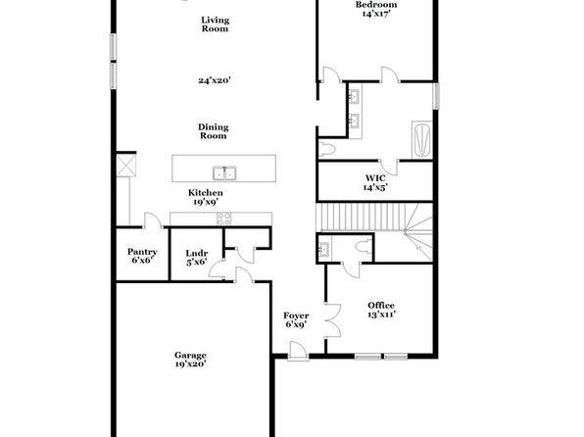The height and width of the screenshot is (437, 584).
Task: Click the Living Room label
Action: tap(215, 24)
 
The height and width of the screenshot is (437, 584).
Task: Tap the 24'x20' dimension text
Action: tap(215, 80)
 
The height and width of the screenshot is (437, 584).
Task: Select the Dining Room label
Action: tap(213, 131)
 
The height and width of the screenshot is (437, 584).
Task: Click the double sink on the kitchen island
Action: tap(224, 172)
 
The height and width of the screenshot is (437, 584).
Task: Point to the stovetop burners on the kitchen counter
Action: tap(223, 218)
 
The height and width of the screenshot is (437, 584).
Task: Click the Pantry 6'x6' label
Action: tap(142, 256)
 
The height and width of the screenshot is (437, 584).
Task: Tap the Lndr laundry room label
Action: tap(197, 254)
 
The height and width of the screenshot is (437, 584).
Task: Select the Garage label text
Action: tap(190, 355)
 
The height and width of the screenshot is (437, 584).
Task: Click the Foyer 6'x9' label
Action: tap(296, 320)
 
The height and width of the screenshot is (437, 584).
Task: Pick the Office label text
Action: tap(381, 306)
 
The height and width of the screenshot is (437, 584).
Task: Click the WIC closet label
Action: tap(375, 178)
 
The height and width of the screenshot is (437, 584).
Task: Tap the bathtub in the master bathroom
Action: tap(422, 140)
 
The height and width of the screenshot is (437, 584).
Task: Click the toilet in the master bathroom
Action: tap(327, 149)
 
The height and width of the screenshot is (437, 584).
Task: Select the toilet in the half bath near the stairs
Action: tap(364, 246)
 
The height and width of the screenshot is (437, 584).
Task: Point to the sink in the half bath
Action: tap(323, 249)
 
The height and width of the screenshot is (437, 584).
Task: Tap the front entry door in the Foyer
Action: tap(298, 351)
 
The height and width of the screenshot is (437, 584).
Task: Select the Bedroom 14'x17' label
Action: tap(376, 9)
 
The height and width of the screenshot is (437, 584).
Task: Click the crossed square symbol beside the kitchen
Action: tap(126, 165)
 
